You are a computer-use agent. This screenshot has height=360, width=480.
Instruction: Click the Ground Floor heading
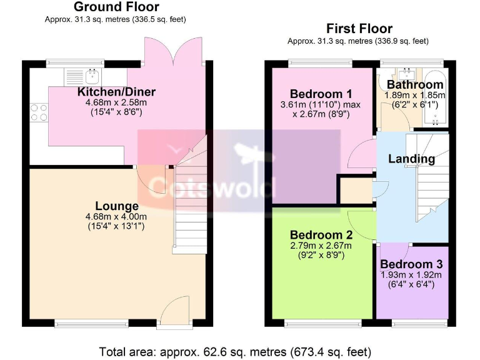tap(116, 7)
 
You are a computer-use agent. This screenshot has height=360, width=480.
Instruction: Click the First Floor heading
tap(359, 29)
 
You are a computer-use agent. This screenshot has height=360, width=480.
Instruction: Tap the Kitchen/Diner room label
tap(116, 92)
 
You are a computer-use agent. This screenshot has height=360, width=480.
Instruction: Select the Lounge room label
tap(117, 206)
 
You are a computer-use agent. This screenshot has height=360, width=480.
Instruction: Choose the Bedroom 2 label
tap(321, 236)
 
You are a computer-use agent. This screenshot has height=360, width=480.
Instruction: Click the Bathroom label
tap(414, 85)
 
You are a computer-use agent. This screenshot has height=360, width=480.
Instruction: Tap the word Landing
tap(411, 159)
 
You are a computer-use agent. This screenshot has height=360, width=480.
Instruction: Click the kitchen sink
tap(83, 77)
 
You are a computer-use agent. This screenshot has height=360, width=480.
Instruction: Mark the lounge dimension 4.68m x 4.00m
tap(116, 217)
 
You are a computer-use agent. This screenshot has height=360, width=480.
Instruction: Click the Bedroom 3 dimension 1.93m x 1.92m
tap(411, 276)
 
